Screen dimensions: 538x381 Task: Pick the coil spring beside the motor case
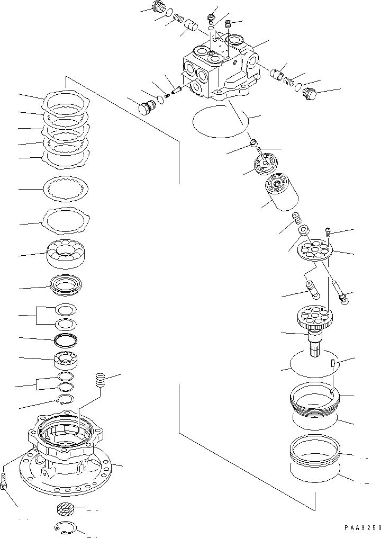pyautogui.click(x=101, y=380)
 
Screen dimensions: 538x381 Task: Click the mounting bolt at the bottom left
pyautogui.click(x=5, y=481)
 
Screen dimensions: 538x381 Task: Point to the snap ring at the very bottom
pyautogui.click(x=67, y=528)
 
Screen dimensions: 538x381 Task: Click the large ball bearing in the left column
pyautogui.click(x=67, y=253)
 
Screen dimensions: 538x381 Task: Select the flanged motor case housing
pyautogui.click(x=66, y=450)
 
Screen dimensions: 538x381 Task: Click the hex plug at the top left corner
pyautogui.click(x=157, y=7)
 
